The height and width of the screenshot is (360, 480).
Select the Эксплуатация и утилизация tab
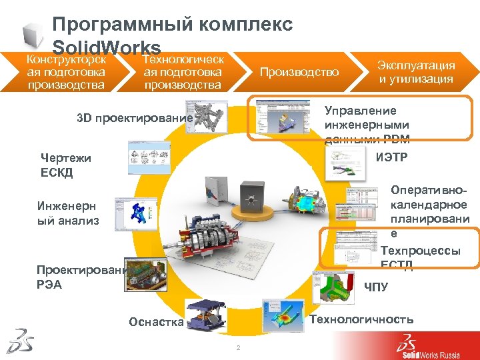tap(416, 72)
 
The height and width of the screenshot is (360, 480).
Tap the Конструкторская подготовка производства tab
tap(65, 72)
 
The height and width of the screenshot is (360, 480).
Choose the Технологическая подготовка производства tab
tap(183, 72)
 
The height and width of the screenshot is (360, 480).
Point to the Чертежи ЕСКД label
tap(66, 165)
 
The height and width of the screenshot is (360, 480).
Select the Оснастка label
tap(156, 322)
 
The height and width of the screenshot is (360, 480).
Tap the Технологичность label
tap(361, 319)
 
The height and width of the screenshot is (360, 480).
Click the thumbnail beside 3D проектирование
tap(205, 115)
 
